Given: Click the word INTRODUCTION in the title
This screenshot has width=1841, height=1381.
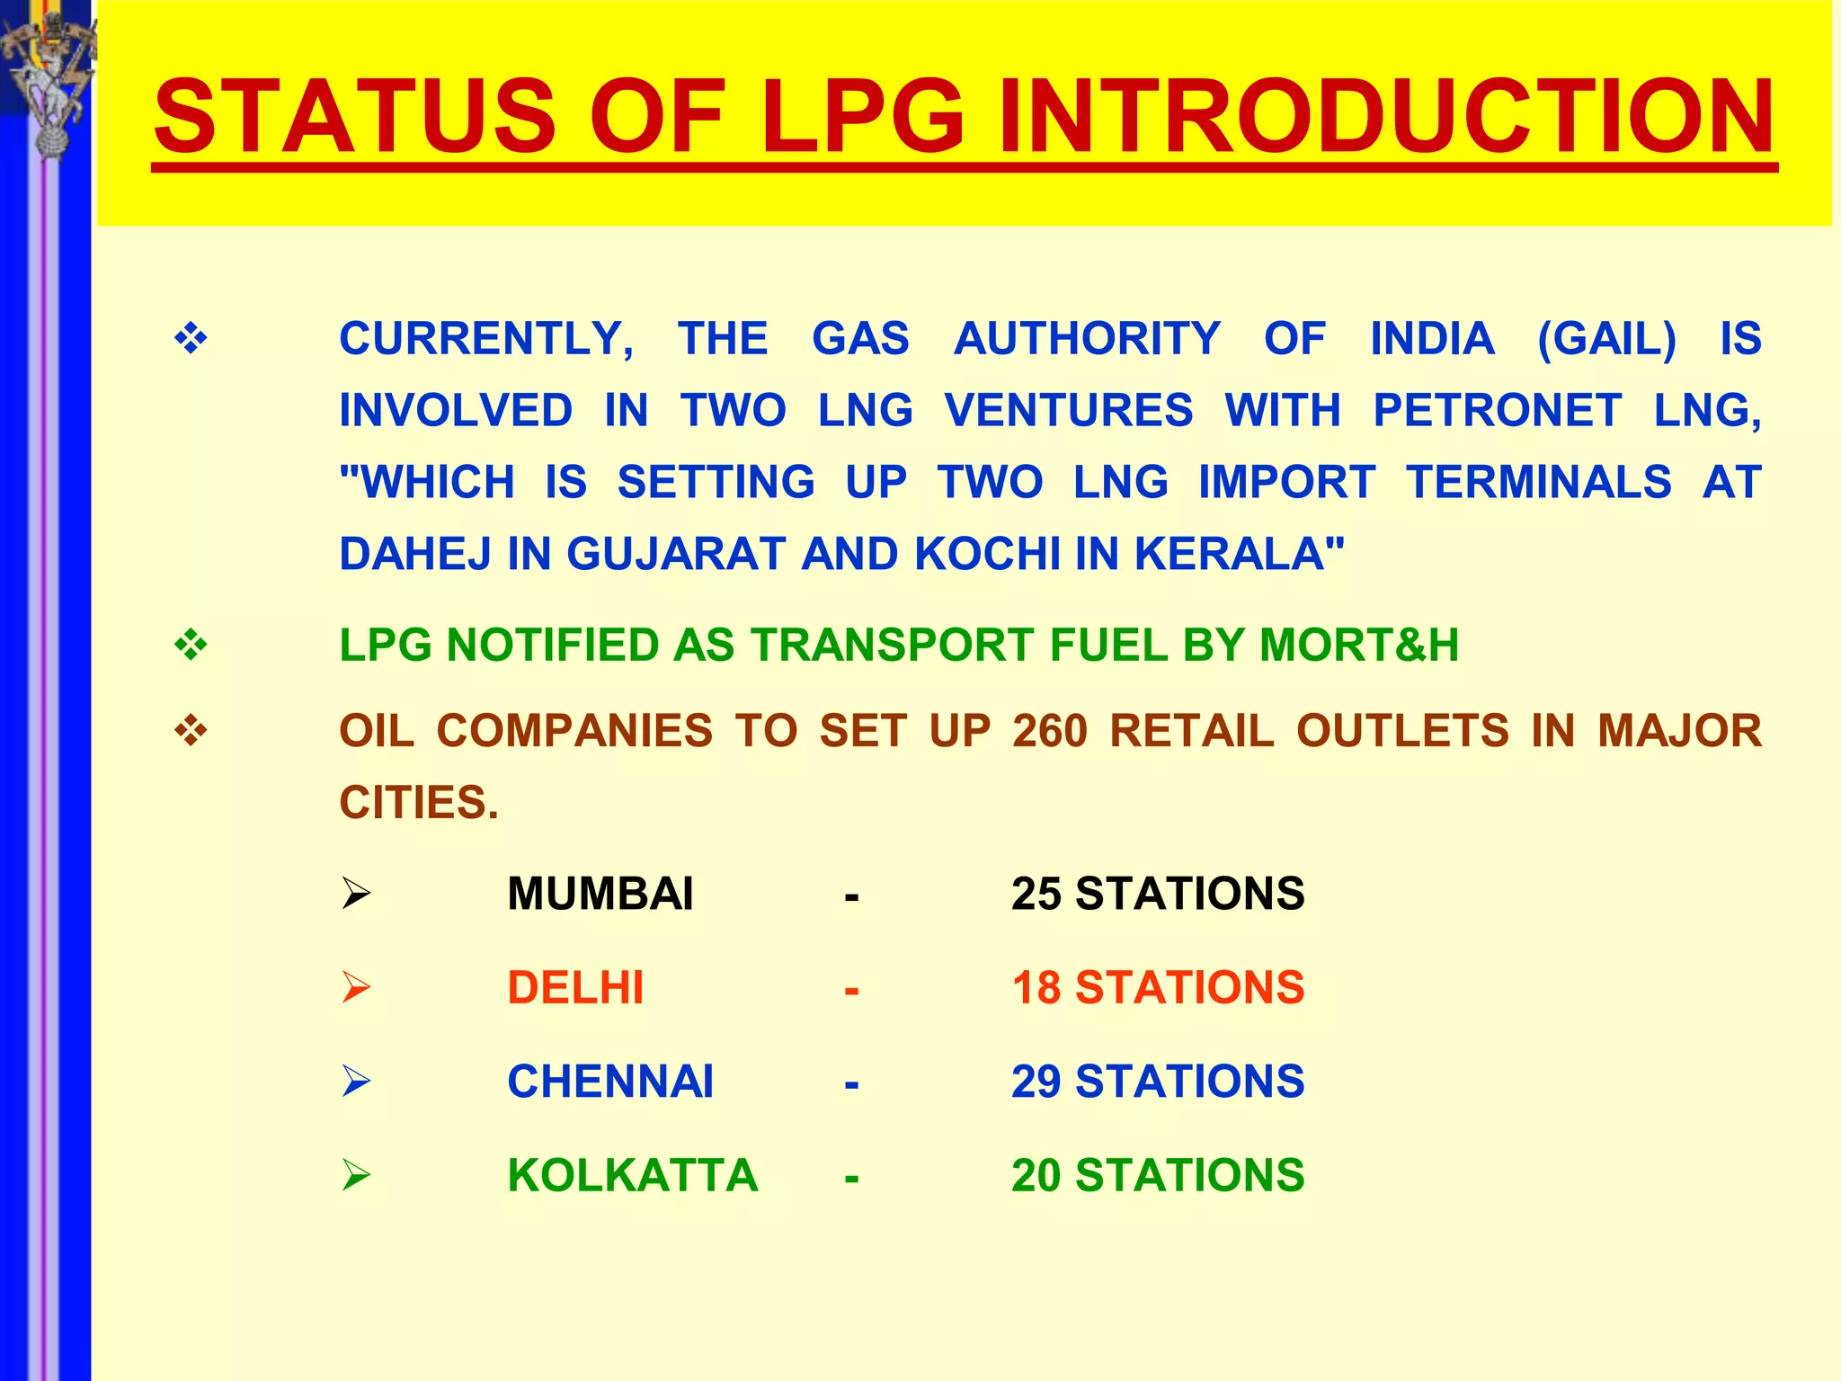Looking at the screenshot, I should click(1385, 117).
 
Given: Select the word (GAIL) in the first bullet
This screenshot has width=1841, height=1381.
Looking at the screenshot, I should click(1606, 340).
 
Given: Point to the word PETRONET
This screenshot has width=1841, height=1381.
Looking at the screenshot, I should click(1497, 411).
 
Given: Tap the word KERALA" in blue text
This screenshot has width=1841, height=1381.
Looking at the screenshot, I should click(1240, 554).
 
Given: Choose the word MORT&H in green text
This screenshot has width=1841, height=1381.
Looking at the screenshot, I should click(1358, 646).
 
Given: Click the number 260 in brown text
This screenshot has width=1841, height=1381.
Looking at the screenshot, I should click(1049, 731).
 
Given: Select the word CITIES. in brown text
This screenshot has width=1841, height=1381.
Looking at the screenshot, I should click(418, 802).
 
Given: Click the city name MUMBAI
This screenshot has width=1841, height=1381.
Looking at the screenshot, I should click(600, 895).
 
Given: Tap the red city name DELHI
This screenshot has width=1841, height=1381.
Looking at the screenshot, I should click(575, 988).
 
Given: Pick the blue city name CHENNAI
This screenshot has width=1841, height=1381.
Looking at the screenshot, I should click(610, 1082).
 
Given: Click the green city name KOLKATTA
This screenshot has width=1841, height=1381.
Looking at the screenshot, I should click(632, 1176).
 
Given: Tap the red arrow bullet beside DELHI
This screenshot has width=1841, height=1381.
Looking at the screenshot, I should click(356, 988).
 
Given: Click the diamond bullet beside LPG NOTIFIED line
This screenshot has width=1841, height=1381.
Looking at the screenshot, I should click(191, 646).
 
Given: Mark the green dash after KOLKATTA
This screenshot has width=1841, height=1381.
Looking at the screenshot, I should click(851, 1178).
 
